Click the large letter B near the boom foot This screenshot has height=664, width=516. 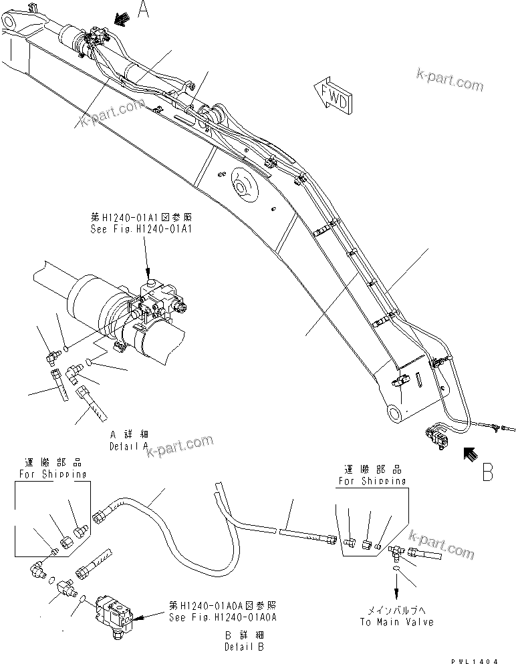487,472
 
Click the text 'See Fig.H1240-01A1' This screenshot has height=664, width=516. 141,227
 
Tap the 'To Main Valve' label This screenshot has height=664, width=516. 396,622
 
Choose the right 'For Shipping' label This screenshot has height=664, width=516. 372,480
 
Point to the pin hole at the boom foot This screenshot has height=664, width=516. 395,413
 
